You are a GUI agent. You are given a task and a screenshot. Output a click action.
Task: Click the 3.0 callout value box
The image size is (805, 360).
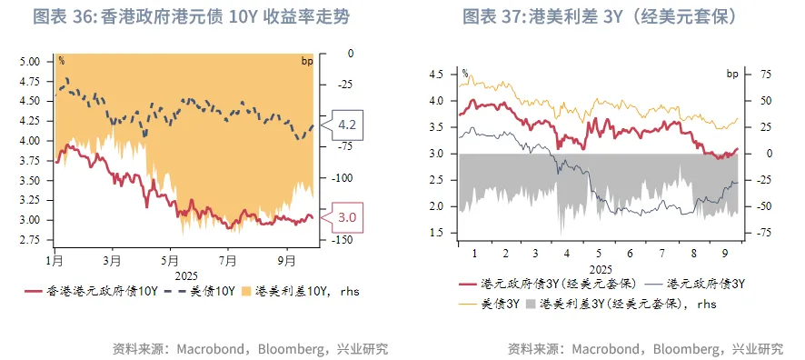click(346, 217)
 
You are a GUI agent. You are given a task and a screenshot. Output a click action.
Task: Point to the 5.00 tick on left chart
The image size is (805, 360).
click(30, 62)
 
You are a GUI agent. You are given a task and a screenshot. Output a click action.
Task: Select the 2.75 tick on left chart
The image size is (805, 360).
click(30, 240)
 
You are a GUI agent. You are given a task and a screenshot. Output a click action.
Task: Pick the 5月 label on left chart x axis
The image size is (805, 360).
click(170, 260)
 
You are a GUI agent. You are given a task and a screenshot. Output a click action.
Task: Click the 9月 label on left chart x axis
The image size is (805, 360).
click(287, 260)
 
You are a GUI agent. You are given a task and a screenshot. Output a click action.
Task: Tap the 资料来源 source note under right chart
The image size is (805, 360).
click(645, 348)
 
